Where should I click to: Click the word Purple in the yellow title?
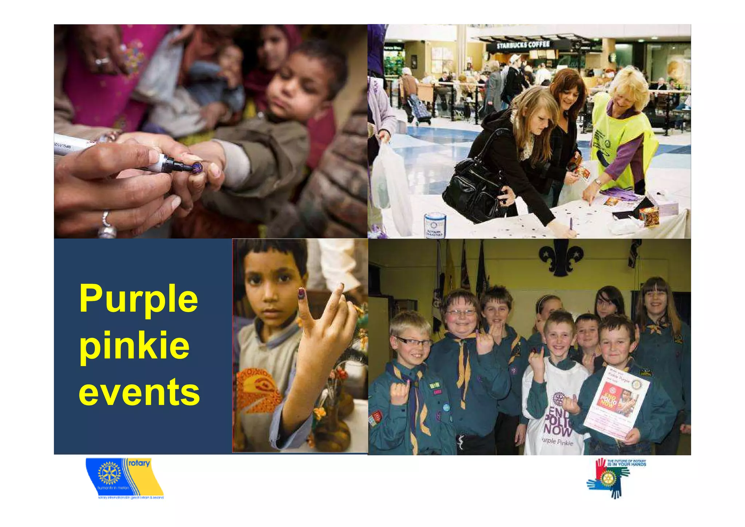pyautogui.click(x=138, y=299)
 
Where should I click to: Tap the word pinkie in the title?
pyautogui.click(x=134, y=346)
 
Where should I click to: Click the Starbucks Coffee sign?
pyautogui.click(x=523, y=45)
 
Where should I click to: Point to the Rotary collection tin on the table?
pyautogui.click(x=434, y=226)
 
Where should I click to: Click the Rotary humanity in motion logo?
pyautogui.click(x=124, y=478)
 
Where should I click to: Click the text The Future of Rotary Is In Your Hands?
pyautogui.click(x=626, y=463)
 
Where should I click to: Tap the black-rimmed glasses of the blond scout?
pyautogui.click(x=413, y=341)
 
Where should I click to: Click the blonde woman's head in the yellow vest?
pyautogui.click(x=629, y=87)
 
